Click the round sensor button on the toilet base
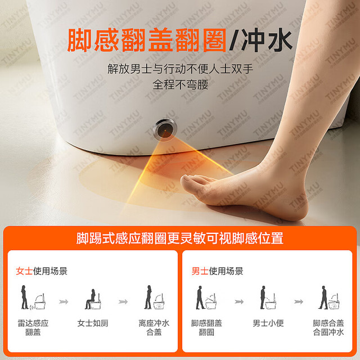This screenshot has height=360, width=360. [x=165, y=129]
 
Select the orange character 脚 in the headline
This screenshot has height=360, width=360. [x=79, y=40]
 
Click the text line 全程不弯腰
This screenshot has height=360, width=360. [x=181, y=85]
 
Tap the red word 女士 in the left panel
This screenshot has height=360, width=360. [x=24, y=271]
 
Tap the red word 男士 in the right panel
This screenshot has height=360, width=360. [x=200, y=271]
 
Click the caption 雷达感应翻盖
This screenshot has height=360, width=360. [x=33, y=327]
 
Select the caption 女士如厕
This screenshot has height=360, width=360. [x=93, y=323]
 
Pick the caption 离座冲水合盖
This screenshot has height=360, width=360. [x=154, y=327]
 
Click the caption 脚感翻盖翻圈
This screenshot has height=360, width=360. [x=206, y=327]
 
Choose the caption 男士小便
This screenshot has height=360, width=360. [x=268, y=323]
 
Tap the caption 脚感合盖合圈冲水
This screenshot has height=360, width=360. [x=328, y=327]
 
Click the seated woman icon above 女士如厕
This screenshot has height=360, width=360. [x=91, y=299]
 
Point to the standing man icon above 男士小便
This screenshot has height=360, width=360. [x=263, y=298]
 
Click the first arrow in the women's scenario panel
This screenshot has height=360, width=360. [x=64, y=301]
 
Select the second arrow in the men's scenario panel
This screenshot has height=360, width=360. [x=299, y=301]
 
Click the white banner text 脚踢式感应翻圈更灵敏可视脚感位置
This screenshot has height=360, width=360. [x=180, y=238]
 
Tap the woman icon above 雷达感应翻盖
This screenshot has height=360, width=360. [x=24, y=297]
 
